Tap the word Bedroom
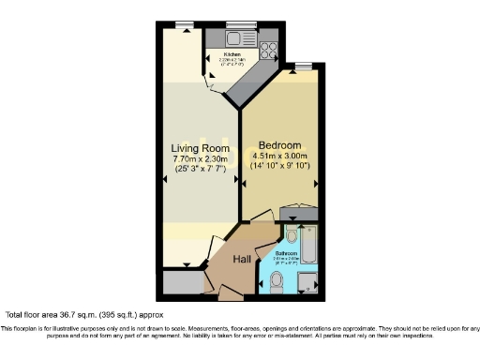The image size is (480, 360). (x=280, y=145)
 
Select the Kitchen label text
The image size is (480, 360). (x=232, y=54)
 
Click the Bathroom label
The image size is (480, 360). (x=287, y=254)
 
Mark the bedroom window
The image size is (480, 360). (x=302, y=65)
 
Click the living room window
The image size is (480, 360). (x=184, y=24)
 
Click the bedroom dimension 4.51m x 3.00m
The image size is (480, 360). (x=280, y=156)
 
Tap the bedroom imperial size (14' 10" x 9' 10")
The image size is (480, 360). (x=280, y=166)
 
